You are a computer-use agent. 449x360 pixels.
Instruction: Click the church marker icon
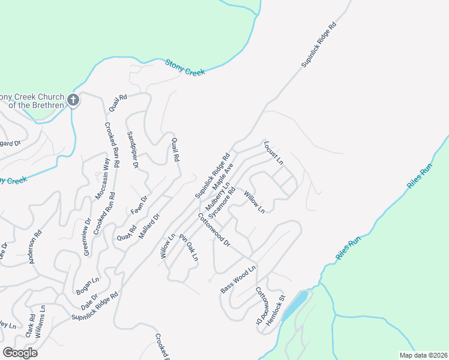(73, 100)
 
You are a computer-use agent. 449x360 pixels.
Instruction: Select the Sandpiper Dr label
(133, 149)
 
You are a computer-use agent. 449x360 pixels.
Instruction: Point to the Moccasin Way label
(103, 178)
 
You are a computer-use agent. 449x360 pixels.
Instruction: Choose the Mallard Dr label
(149, 226)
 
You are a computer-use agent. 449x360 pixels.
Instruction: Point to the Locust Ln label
(273, 153)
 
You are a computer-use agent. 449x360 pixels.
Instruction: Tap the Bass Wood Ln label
(238, 279)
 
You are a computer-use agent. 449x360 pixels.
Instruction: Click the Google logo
(20, 353)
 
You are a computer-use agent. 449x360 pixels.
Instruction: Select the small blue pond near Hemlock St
(295, 305)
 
